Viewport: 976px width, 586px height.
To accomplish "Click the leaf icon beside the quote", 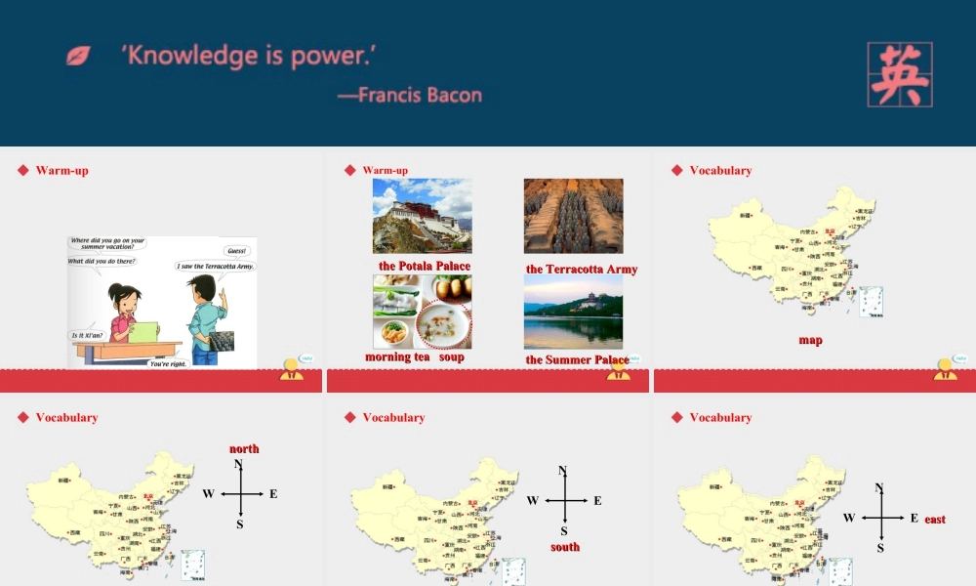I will pyautogui.click(x=78, y=56).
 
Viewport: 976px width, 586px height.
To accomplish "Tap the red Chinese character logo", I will pyautogui.click(x=899, y=74).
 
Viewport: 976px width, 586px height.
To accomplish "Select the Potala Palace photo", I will pyautogui.click(x=422, y=216).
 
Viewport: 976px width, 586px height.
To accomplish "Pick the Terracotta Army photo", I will pyautogui.click(x=573, y=216).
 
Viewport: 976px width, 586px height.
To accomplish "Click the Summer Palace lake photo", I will pyautogui.click(x=573, y=312).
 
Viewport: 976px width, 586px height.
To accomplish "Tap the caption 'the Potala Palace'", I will pyautogui.click(x=425, y=266).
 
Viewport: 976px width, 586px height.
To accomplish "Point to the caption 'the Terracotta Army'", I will pyautogui.click(x=582, y=270).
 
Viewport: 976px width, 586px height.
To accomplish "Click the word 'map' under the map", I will pyautogui.click(x=810, y=340).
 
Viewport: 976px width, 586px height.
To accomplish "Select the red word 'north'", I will pyautogui.click(x=244, y=449).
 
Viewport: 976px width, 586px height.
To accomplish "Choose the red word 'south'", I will pyautogui.click(x=565, y=547).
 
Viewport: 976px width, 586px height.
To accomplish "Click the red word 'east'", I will pyautogui.click(x=935, y=520).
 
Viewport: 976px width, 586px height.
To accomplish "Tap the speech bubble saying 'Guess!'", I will pyautogui.click(x=237, y=251).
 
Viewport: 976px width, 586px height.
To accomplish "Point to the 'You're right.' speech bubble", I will pyautogui.click(x=169, y=363).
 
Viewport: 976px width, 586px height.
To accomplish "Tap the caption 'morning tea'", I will pyautogui.click(x=397, y=357).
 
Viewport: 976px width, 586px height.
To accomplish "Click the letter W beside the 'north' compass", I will pyautogui.click(x=208, y=494).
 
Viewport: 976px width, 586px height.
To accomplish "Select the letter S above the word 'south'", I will pyautogui.click(x=563, y=531).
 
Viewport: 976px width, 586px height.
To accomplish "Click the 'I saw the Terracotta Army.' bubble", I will pyautogui.click(x=216, y=266).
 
